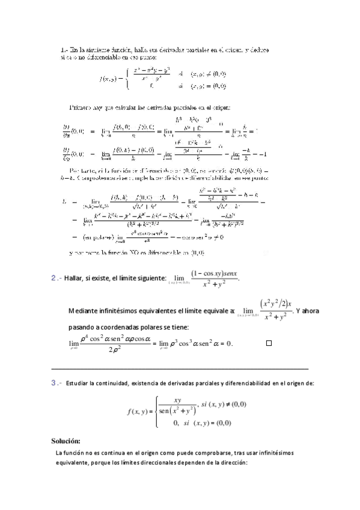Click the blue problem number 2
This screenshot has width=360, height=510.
[54, 277]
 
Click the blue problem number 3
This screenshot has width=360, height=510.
[54, 382]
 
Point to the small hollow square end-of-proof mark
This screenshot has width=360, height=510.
[269, 343]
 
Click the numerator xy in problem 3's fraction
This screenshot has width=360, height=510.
[177, 400]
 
